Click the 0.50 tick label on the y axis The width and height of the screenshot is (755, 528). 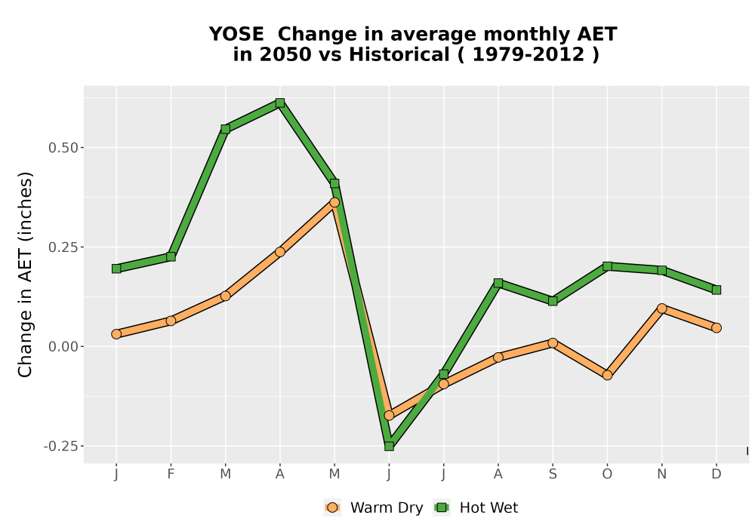(63, 148)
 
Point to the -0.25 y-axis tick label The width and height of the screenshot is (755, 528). (60, 447)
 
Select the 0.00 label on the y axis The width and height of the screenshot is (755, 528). (63, 347)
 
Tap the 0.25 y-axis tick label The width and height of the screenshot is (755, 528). (63, 247)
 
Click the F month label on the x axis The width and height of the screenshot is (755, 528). (171, 474)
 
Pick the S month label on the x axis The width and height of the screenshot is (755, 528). (553, 474)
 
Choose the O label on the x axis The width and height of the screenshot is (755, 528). (607, 474)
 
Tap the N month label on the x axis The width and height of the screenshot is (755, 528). (661, 474)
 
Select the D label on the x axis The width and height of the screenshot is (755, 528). (716, 474)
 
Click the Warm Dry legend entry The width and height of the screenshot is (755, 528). (374, 508)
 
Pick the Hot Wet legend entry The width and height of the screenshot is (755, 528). (476, 508)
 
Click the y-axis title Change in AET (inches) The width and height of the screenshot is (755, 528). (25, 275)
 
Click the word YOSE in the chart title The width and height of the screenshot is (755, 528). (236, 34)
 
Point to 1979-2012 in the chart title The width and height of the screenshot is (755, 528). (528, 54)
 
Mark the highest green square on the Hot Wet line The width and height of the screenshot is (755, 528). (280, 103)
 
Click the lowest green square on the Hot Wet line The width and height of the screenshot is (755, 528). (389, 447)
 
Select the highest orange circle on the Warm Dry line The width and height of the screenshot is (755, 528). (334, 202)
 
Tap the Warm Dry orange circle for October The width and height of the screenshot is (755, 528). (607, 375)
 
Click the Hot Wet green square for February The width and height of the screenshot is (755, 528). (171, 256)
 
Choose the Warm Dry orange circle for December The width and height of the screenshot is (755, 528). (716, 328)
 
